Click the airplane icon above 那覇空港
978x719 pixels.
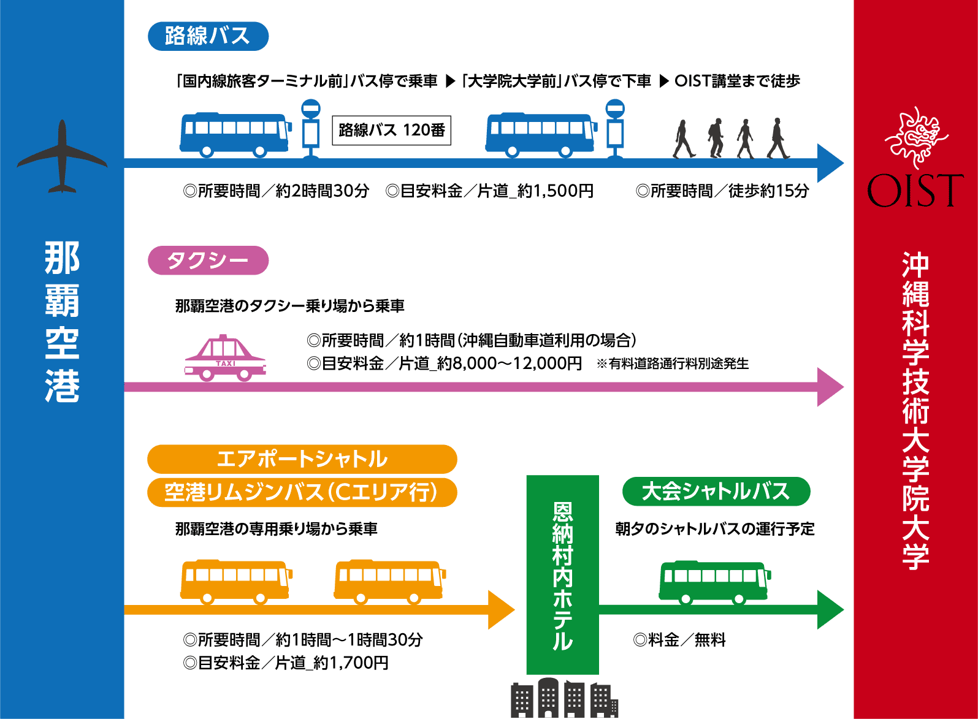coord(62,157)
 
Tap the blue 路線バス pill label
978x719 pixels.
coord(208,36)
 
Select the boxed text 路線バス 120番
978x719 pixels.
coord(391,131)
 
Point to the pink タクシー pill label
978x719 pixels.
coord(208,261)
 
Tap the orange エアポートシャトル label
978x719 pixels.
coord(302,459)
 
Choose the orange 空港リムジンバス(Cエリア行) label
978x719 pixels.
coord(302,492)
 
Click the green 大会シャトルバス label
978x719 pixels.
coord(716,492)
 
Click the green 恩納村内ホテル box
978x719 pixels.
coord(562,575)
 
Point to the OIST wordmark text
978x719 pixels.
coord(915,191)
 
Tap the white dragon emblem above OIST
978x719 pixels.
coord(916,137)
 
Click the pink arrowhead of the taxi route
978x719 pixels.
coord(831,387)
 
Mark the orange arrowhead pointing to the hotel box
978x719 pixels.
coord(500,609)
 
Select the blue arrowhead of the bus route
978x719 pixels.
coord(831,163)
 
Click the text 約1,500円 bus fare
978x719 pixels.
coord(555,191)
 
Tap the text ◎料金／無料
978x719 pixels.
coord(679,641)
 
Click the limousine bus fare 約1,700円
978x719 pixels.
coord(350,663)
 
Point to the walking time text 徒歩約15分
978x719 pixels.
coord(768,191)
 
